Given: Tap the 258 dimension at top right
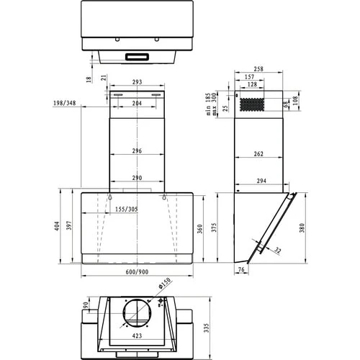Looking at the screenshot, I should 258,69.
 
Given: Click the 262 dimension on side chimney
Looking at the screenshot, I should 259,153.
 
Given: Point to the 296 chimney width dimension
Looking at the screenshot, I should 136,151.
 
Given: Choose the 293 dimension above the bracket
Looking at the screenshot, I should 136,83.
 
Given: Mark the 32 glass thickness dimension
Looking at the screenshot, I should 279,250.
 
